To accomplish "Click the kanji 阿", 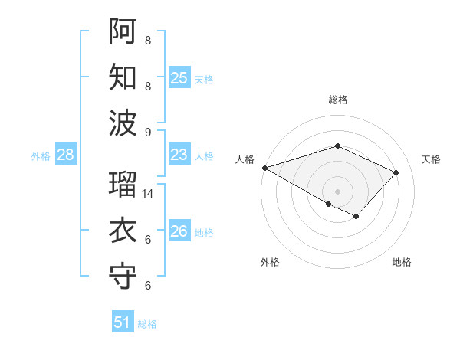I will tap(123, 31).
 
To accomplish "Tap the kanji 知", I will tap(123, 77).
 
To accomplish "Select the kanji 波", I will tap(123, 123).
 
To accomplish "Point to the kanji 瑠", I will tap(123, 185).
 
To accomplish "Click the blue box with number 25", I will tap(179, 77).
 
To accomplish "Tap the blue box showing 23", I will tap(179, 155).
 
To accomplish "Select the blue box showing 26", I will tap(179, 231).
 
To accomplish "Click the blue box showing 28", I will tap(66, 155).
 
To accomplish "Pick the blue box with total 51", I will tap(123, 322).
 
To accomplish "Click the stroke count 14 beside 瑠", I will tap(149, 194).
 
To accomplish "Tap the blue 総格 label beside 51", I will tap(147, 324).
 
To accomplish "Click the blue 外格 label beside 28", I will tap(41, 156).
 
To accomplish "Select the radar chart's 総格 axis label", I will tap(337, 100).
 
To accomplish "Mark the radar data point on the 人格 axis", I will tap(264, 168).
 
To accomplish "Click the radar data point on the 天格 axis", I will tap(396, 172).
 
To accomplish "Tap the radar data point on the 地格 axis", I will tap(356, 217).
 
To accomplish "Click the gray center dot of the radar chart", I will tap(337, 191).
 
